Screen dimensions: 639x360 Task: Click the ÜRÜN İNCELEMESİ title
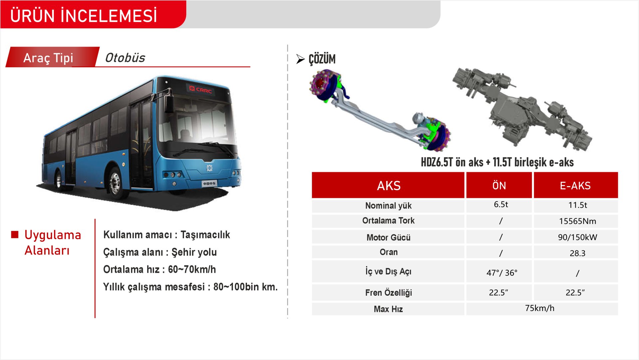84,16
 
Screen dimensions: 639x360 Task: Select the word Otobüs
125,58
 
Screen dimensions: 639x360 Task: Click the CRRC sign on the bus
200,89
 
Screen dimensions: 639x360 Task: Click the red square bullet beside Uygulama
15,234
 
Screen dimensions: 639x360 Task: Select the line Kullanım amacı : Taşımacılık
166,234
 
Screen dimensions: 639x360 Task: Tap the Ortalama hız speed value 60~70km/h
192,269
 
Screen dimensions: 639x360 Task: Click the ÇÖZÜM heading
322,59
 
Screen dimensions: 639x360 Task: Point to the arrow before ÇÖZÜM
300,59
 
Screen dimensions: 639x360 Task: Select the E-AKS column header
575,185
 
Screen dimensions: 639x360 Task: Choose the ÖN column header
499,185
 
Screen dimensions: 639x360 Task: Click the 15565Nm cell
577,221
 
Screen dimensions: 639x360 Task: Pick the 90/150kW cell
577,237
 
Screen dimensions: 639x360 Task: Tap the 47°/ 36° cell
502,273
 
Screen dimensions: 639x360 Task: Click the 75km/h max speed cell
540,308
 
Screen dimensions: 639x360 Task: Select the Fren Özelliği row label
388,292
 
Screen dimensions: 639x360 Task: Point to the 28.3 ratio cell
577,253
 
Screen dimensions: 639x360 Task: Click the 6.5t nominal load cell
501,204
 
